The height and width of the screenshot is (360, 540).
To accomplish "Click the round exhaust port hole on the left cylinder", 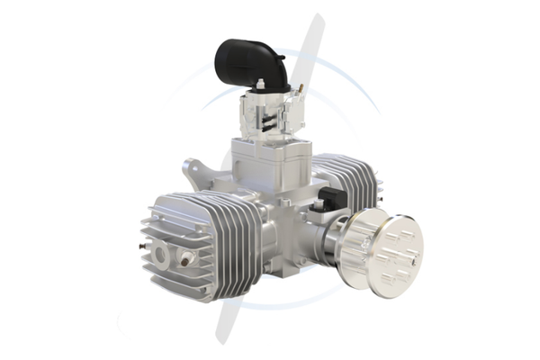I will point(163,255).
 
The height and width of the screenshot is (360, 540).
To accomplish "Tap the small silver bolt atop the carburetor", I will point(260,85).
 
